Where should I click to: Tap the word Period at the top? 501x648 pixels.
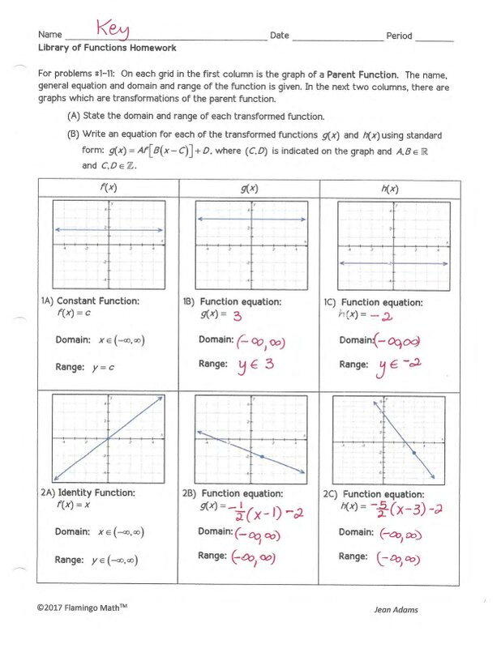coord(399,36)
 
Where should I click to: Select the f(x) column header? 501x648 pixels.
coord(107,189)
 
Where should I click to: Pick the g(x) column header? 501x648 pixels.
coord(249,189)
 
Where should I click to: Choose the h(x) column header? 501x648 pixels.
coord(390,189)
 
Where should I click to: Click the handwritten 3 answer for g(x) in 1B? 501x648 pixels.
coord(238,314)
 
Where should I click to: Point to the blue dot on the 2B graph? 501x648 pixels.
coord(262,458)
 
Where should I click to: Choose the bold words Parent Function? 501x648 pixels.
coord(362,74)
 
